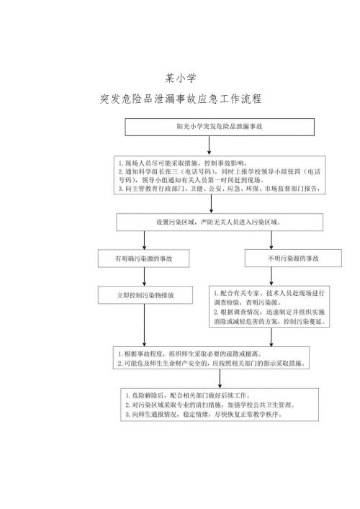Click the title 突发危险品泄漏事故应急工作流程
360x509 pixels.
click(x=180, y=98)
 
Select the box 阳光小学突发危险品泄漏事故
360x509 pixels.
click(x=209, y=126)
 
